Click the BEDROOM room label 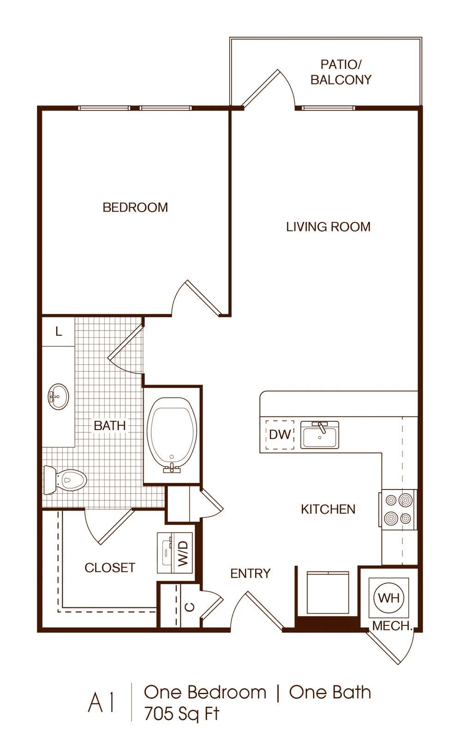(135, 207)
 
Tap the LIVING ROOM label (328, 227)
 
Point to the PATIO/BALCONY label (341, 72)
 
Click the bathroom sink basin (59, 397)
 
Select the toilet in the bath (65, 480)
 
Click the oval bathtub (172, 436)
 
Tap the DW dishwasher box (280, 435)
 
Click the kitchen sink (320, 435)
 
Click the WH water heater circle (389, 598)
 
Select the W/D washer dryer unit (175, 552)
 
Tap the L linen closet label (59, 331)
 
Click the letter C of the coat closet (190, 607)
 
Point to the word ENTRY (250, 574)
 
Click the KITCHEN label (328, 509)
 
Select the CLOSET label (110, 568)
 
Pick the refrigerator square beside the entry (328, 593)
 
